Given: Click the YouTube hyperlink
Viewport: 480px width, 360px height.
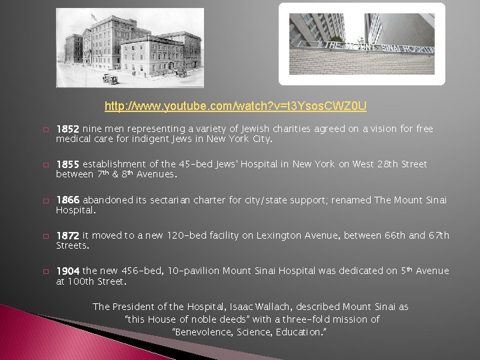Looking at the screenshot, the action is pyautogui.click(x=235, y=106).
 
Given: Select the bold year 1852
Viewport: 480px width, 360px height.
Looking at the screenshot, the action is pyautogui.click(x=67, y=129).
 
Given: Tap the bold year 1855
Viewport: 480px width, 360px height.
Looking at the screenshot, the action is pyautogui.click(x=67, y=165).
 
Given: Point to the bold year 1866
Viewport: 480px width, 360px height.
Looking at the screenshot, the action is pyautogui.click(x=67, y=200).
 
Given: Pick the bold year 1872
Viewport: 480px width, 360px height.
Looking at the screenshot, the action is pyautogui.click(x=67, y=235).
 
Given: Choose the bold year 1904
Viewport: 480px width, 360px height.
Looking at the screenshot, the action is pyautogui.click(x=67, y=271).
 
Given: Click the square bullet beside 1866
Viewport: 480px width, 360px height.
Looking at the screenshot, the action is pyautogui.click(x=46, y=201).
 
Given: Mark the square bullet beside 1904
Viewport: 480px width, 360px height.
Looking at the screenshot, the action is pyautogui.click(x=46, y=271).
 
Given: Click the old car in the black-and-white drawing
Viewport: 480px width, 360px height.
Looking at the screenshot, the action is pyautogui.click(x=111, y=79).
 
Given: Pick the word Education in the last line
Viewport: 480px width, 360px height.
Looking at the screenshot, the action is pyautogui.click(x=299, y=332).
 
